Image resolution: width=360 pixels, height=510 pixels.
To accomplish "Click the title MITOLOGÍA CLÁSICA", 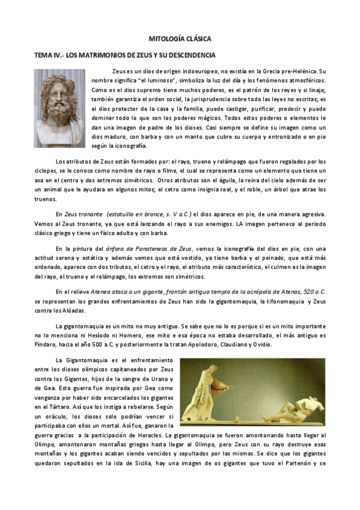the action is pos(180,38).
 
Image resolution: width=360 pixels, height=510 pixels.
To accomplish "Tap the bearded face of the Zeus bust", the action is pos(58,103).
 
